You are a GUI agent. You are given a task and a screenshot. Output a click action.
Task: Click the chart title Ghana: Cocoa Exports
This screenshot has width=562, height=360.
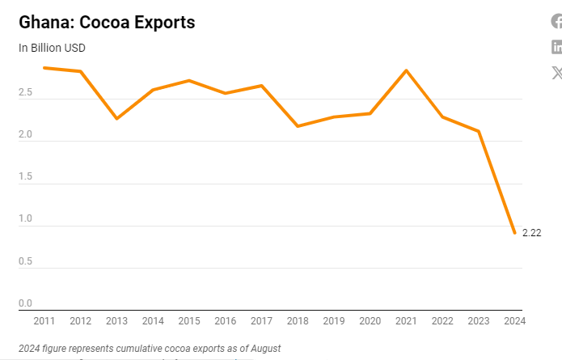[107, 22]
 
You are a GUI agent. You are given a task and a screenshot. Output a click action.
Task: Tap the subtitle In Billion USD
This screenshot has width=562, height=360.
[52, 48]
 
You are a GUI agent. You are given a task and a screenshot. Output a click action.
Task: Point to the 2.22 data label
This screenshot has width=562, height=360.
[531, 233]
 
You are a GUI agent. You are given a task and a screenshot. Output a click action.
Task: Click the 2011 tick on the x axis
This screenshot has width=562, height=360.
[44, 321]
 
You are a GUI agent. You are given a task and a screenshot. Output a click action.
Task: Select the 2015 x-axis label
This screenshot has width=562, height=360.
[189, 321]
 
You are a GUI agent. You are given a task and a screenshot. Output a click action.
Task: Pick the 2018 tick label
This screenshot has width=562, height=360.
[298, 321]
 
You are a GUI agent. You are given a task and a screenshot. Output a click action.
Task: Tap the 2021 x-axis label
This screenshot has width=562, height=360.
[406, 321]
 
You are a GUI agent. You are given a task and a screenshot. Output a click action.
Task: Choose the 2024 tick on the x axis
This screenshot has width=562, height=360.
[514, 321]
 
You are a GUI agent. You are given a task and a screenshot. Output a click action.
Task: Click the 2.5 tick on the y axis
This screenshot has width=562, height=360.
[25, 93]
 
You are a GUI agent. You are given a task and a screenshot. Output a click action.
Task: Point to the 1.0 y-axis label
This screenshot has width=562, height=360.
[25, 218]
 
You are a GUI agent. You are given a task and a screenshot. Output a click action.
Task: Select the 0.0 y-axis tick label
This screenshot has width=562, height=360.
[25, 303]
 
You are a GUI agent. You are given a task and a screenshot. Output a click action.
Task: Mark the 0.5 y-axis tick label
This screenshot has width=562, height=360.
[25, 261]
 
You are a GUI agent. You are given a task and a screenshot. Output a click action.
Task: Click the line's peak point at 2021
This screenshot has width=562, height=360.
[406, 70]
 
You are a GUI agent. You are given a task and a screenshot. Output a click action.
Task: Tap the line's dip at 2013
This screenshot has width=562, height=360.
[116, 119]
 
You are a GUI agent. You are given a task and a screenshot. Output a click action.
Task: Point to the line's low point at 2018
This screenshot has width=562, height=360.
[298, 126]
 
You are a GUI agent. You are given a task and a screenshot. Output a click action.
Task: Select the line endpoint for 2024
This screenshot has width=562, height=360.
[514, 233]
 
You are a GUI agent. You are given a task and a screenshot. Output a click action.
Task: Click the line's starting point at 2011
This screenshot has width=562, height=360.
[44, 68]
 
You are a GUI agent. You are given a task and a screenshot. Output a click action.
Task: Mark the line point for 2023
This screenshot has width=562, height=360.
[479, 131]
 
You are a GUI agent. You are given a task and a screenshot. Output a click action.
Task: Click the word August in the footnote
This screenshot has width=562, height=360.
[264, 349]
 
